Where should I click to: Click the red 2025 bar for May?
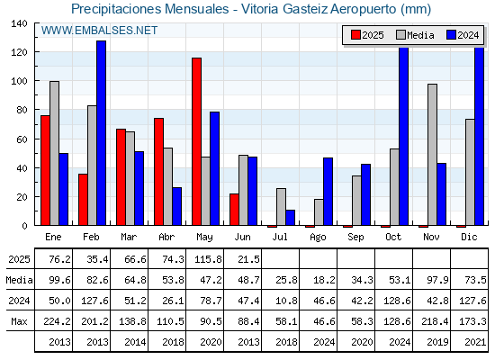coord(196,141)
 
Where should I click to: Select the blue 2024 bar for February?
coord(101,133)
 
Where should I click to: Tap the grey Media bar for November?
coord(432,155)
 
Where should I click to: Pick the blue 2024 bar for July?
coord(290,218)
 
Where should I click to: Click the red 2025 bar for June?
coord(234,209)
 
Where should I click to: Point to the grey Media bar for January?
coord(54,153)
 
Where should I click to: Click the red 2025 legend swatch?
coord(355,35)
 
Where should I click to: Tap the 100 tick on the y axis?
coord(20,81)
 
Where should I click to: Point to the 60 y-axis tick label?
coord(22,139)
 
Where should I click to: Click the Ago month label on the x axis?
coord(318,238)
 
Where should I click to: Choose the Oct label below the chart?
coord(393,237)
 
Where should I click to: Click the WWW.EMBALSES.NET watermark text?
coord(99,31)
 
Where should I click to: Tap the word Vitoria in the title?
coord(260,9)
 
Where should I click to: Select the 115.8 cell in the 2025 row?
coord(208,259)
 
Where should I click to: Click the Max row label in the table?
coord(19,321)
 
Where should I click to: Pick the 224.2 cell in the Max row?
coord(57,321)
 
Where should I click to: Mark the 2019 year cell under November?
coord(437,342)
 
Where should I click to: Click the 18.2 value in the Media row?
coord(324,280)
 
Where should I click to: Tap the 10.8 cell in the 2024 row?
coord(286,301)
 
